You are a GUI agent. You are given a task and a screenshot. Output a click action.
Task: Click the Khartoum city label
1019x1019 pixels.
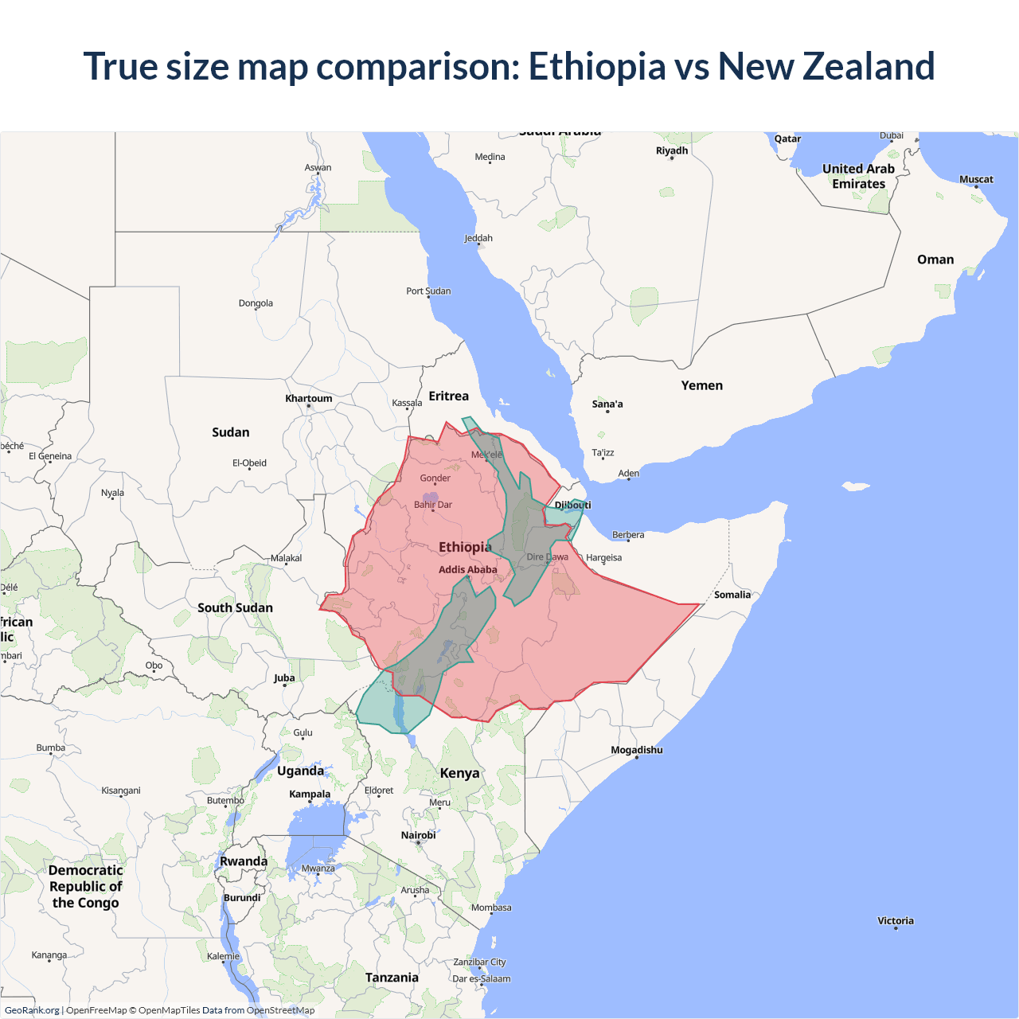pos(309,399)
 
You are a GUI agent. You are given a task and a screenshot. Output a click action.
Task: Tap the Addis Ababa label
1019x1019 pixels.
pos(467,570)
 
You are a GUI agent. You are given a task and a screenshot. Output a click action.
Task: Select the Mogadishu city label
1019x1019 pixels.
pos(636,750)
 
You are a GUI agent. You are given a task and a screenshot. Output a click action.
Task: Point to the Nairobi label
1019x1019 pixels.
pos(418,835)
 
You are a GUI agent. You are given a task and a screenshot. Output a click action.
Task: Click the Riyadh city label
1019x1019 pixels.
pos(672,150)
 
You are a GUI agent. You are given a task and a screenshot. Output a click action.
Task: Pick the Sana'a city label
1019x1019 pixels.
pos(607,404)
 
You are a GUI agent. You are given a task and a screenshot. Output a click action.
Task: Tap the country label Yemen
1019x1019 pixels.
pos(701,385)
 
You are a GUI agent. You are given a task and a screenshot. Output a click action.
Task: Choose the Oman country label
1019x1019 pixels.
pos(935,260)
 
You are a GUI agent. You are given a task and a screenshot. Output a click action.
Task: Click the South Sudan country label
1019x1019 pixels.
pos(235,607)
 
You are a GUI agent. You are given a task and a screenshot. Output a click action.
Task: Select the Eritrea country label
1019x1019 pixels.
pos(448,396)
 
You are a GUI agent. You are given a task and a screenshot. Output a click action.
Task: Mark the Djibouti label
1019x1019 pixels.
pos(572,505)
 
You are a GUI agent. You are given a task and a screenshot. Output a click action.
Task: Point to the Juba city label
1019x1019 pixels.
pos(284,678)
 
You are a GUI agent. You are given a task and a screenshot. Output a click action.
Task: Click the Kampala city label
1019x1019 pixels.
pos(310,794)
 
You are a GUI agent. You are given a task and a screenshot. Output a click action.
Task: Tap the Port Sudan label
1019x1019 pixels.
pos(428,291)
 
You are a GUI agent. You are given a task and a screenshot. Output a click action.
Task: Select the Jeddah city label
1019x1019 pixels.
pos(478,238)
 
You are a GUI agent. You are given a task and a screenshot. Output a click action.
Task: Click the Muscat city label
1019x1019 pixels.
pos(976,180)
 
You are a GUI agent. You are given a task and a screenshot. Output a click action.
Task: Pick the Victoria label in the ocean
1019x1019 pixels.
pos(896,921)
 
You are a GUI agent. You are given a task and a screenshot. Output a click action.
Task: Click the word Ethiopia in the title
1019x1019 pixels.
pos(597,66)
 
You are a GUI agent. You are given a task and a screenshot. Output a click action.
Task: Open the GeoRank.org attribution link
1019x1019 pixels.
pos(32,1010)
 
